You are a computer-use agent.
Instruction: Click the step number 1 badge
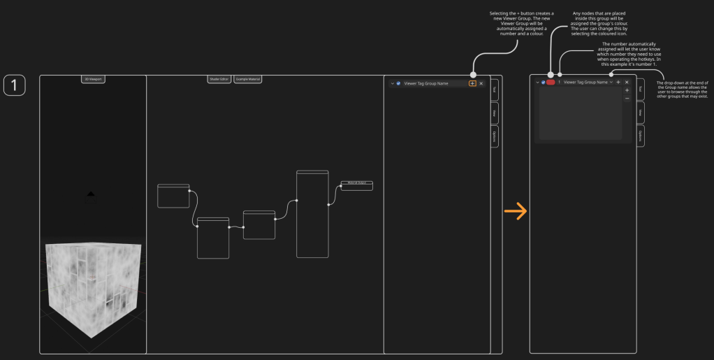click(15, 85)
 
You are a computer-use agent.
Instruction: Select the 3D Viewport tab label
click(93, 80)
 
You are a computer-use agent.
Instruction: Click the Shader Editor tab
click(219, 80)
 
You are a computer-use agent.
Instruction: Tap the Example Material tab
click(247, 80)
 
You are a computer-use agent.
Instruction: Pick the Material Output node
click(356, 185)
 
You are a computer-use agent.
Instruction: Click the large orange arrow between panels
click(516, 212)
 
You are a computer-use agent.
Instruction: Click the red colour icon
click(551, 82)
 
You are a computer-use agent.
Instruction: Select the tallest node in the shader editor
click(312, 213)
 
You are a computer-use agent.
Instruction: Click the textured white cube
click(94, 287)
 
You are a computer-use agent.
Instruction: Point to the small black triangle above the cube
click(90, 193)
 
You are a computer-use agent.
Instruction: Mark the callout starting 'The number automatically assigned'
click(629, 55)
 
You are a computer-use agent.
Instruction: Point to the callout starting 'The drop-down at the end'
click(683, 89)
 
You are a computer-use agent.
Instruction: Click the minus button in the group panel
click(627, 99)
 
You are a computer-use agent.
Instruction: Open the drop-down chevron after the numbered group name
click(611, 82)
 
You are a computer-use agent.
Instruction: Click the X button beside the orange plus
click(481, 83)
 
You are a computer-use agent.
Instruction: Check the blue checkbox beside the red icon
click(543, 82)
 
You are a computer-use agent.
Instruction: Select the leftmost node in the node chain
click(173, 196)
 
